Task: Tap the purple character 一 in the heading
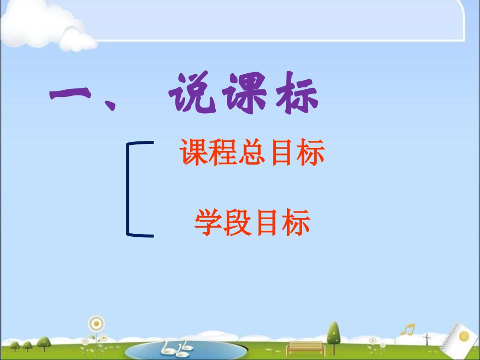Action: [x=70, y=94]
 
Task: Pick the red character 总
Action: [x=251, y=153]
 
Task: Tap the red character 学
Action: [x=209, y=224]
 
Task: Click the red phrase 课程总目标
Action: [x=252, y=153]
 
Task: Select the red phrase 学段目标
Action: [x=252, y=224]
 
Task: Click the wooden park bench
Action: [x=305, y=348]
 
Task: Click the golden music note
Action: [x=407, y=330]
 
